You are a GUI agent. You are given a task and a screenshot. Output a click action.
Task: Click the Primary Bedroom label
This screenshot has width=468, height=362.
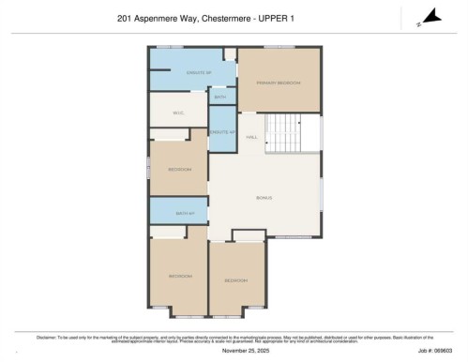tap(279, 83)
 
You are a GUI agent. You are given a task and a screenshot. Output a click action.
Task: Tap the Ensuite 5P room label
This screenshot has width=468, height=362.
tap(196, 72)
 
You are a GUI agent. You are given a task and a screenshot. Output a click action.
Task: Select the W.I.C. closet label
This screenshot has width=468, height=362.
tap(178, 113)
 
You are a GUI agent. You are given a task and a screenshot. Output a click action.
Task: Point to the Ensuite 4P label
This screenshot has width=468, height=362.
tap(221, 132)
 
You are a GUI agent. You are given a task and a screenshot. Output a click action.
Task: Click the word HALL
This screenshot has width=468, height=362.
tap(251, 138)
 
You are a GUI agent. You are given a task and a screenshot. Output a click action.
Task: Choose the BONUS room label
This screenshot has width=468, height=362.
tap(264, 198)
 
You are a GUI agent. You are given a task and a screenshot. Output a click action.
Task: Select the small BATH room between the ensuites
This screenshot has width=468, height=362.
tap(219, 97)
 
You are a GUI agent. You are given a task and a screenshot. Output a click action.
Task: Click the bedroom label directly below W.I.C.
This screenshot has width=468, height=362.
tap(179, 169)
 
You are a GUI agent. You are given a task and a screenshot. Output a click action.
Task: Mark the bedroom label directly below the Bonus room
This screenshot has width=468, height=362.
tap(235, 280)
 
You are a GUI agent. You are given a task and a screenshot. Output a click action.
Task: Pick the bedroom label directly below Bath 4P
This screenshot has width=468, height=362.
tap(179, 276)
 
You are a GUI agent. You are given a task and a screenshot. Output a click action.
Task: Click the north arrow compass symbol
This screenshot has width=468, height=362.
tap(430, 16)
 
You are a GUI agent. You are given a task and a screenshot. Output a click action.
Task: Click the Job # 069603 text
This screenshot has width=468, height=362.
tap(438, 352)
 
